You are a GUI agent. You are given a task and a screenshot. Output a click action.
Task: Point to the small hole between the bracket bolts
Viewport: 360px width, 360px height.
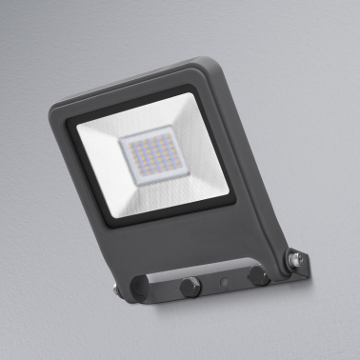[223, 282]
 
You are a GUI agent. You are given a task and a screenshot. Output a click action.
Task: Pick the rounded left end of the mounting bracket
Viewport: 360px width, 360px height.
[142, 288]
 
